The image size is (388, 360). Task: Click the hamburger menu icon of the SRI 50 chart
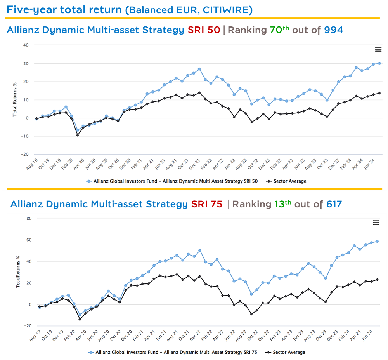(x=378, y=49)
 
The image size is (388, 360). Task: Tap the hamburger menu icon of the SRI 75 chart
(x=376, y=223)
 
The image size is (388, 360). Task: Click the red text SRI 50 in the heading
(x=204, y=30)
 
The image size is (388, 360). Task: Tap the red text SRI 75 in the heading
(x=206, y=204)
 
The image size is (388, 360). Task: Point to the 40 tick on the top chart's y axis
(x=26, y=45)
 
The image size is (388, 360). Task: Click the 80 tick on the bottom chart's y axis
(x=28, y=218)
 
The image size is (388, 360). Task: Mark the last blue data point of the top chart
(x=379, y=63)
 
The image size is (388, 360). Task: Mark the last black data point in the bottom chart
(x=377, y=280)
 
